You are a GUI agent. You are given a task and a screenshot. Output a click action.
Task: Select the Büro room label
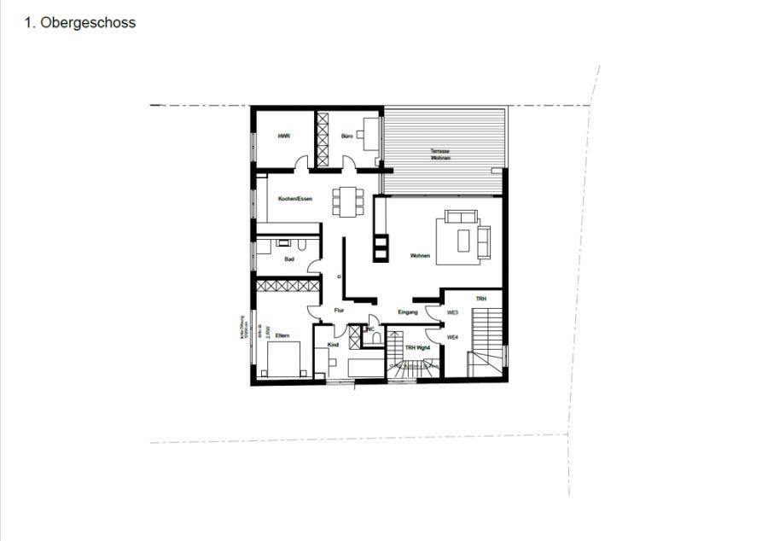pyautogui.click(x=347, y=137)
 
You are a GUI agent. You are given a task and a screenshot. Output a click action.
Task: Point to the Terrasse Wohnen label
pyautogui.click(x=440, y=154)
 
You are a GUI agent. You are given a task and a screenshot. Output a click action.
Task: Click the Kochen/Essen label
pyautogui.click(x=295, y=199)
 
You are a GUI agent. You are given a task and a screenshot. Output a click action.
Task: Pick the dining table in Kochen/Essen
pyautogui.click(x=346, y=201)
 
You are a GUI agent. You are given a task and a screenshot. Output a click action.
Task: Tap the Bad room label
pyautogui.click(x=290, y=258)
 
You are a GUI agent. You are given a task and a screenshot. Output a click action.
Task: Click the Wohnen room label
pyautogui.click(x=419, y=256)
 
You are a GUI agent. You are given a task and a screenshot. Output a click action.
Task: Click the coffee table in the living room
pyautogui.click(x=463, y=241)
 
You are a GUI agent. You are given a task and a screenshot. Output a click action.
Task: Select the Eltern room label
pyautogui.click(x=282, y=336)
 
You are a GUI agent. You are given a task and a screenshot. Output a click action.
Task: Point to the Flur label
pyautogui.click(x=339, y=311)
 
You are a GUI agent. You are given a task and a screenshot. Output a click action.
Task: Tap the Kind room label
pyautogui.click(x=333, y=345)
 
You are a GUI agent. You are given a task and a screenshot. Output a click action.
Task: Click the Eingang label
pyautogui.click(x=408, y=313)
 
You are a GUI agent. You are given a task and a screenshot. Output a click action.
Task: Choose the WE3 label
pyautogui.click(x=453, y=312)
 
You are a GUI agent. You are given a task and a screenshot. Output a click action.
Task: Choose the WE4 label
pyautogui.click(x=453, y=337)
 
